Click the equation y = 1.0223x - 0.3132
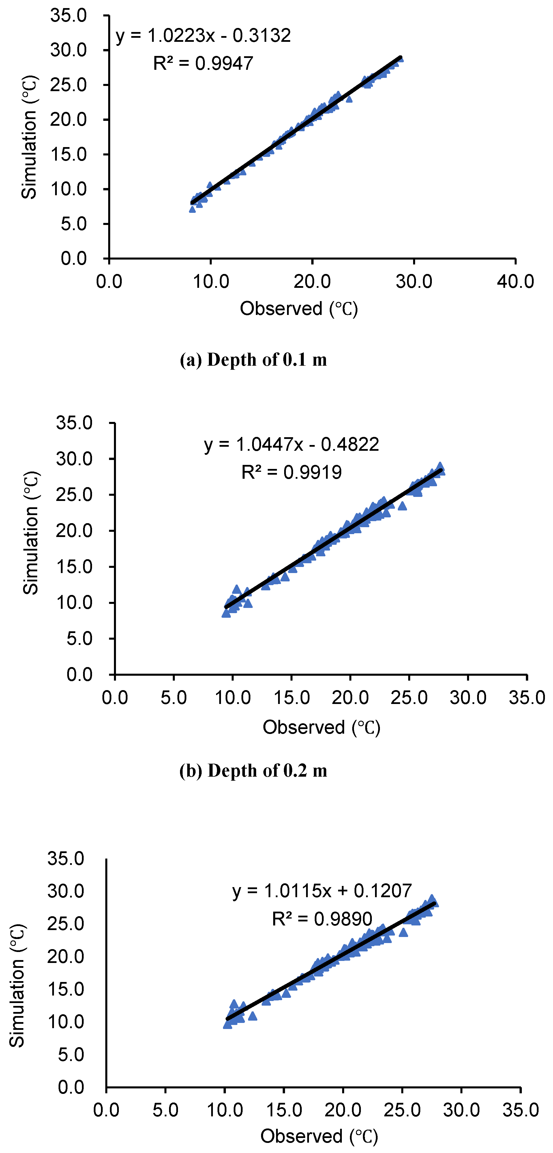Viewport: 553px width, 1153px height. [x=203, y=35]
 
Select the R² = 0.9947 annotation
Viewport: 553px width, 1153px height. [x=203, y=63]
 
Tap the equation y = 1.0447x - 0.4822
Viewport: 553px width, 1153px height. [x=291, y=444]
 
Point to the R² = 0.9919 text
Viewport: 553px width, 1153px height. [x=291, y=472]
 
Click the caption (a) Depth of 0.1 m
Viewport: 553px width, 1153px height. [x=254, y=360]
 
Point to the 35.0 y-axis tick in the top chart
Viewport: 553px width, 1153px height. [x=68, y=16]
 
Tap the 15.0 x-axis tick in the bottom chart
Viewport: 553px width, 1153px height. [x=284, y=1110]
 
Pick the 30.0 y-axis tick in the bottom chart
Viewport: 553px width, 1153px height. [x=66, y=891]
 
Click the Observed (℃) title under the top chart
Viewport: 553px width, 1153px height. [x=299, y=309]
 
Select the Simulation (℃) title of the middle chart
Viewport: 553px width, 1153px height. [x=31, y=533]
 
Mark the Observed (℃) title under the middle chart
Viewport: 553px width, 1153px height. [x=321, y=727]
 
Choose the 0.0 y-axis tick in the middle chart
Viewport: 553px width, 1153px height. [x=80, y=675]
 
